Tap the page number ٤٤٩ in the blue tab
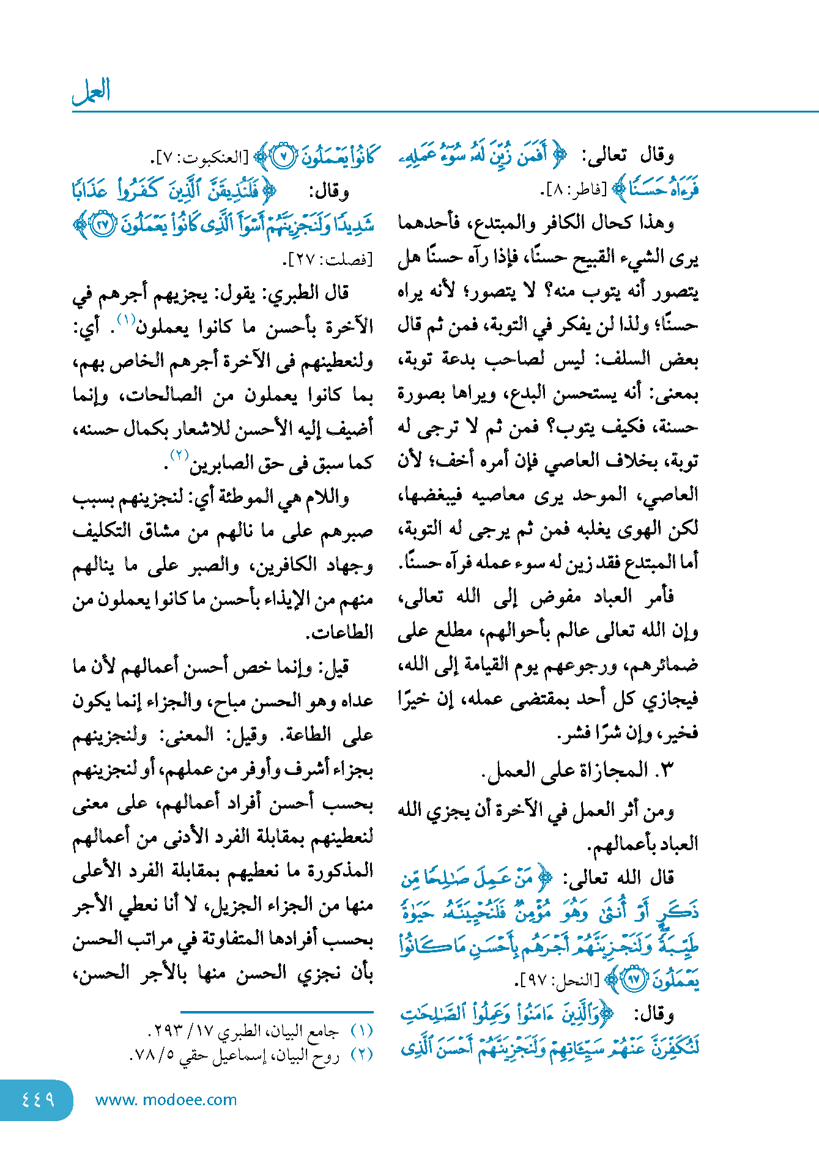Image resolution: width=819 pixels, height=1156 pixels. [38, 1100]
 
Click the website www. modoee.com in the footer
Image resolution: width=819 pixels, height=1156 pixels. [166, 1100]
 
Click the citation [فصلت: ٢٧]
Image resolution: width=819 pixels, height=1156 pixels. [328, 259]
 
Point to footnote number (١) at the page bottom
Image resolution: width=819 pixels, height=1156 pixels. [362, 1031]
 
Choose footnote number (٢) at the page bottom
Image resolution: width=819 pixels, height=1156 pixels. [362, 1055]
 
